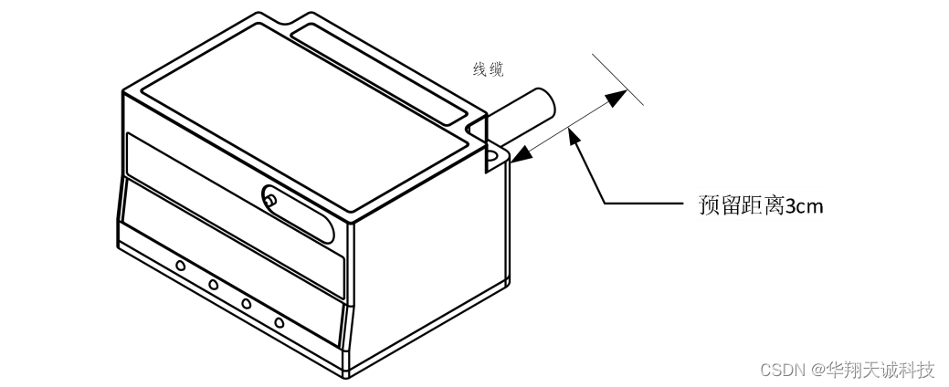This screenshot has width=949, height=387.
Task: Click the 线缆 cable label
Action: click(488, 70)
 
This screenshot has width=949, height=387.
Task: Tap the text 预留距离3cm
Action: click(761, 205)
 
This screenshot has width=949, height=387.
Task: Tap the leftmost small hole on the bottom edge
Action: click(180, 266)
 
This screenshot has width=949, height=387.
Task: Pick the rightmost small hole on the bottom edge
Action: click(279, 323)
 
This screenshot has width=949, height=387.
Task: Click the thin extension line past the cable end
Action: click(617, 79)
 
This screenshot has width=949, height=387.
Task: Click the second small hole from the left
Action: click(213, 284)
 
